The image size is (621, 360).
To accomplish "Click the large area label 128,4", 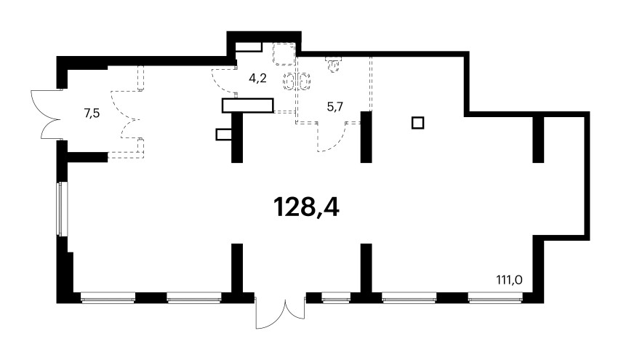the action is (306, 208).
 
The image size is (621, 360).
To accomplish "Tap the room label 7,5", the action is (92, 113).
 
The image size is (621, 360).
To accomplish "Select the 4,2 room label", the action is (257, 79).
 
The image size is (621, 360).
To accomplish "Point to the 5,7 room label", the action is (334, 106).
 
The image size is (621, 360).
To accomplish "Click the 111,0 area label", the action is (509, 281).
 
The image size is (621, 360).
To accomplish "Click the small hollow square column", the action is (418, 123).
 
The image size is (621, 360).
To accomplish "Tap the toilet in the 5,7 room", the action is (333, 63).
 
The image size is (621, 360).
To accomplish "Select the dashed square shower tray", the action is (284, 54).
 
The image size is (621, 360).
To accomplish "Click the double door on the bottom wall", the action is (281, 311).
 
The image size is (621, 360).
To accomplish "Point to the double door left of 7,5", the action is (47, 114).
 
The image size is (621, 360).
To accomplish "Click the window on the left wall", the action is (60, 209).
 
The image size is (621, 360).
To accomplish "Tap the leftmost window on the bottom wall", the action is (108, 297).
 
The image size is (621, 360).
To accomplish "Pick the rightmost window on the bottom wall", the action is (495, 297).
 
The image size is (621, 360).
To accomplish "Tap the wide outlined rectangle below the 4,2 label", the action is (248, 105).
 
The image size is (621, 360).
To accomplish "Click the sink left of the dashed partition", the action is (289, 81).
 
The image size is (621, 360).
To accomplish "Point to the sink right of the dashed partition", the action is (304, 81).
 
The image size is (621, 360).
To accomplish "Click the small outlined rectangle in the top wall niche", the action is (249, 47).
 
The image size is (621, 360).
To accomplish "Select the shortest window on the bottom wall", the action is (336, 297).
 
